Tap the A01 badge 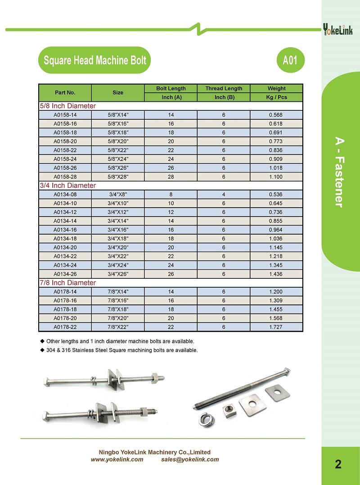pos(290,60)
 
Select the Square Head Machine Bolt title pos(95,60)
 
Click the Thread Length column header pos(224,88)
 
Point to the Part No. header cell pos(65,93)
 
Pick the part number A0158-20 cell pos(65,141)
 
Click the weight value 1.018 pos(275,168)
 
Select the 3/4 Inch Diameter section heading pos(68,186)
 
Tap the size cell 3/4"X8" pos(118,195)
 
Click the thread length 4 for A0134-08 pos(224,195)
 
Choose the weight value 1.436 pos(275,274)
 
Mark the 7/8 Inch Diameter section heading pos(68,283)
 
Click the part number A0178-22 pos(65,327)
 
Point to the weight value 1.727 pos(275,327)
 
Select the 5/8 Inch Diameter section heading pos(68,106)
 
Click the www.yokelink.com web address pos(117,460)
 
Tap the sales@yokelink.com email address pos(190,460)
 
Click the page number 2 pos(338,465)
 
